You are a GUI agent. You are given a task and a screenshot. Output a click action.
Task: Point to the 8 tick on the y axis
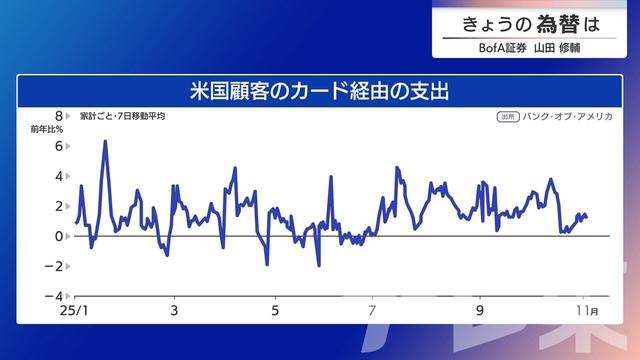point(59,116)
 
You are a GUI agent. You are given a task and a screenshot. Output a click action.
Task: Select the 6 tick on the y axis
point(59,146)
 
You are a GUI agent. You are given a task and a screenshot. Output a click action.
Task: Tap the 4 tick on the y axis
point(59,176)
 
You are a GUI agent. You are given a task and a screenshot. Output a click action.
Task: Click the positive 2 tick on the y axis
point(59,206)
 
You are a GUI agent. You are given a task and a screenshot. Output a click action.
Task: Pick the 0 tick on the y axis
point(59,236)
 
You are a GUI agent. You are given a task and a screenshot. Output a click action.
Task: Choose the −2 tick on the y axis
point(56,266)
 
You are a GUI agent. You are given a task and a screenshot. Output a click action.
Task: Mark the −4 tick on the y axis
point(56,296)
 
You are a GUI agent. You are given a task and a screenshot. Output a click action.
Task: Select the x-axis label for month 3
point(175,311)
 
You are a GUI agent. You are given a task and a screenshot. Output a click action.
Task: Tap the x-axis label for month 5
point(274,311)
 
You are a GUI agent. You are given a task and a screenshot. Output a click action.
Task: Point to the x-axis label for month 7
point(372,311)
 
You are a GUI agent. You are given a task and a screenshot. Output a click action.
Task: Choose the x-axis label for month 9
point(479,311)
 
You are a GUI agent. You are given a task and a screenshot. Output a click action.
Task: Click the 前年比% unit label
point(46,130)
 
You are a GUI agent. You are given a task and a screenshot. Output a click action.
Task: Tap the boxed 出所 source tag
point(507,117)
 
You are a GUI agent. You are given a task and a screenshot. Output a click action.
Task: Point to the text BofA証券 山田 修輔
point(529,47)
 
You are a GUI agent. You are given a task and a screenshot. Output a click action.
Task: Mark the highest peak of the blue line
point(105,141)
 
